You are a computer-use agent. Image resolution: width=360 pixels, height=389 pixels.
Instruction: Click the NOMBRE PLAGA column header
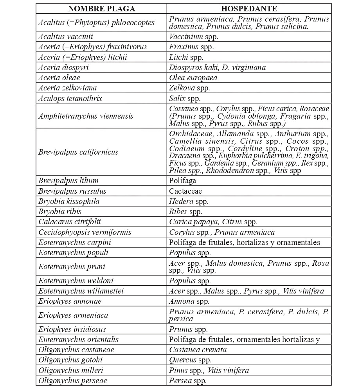tap(101, 9)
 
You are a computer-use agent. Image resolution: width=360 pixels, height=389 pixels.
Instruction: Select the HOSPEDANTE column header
tap(249, 9)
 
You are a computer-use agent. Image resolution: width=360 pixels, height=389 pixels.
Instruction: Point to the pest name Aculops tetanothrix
tap(70, 98)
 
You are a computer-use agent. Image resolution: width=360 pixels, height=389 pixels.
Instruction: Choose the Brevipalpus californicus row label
tap(78, 152)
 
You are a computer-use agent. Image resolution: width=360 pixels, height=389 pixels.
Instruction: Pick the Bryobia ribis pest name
tap(60, 212)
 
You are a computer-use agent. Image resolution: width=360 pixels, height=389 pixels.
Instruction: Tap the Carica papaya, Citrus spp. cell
tap(213, 222)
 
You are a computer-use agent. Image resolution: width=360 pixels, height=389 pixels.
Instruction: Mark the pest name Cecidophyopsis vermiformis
tap(85, 232)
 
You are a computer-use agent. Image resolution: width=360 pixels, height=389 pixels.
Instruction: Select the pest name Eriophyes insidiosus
tap(72, 329)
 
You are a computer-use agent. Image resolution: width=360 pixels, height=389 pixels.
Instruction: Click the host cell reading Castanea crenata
tap(198, 349)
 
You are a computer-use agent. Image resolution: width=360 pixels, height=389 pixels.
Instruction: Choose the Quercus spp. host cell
tap(190, 360)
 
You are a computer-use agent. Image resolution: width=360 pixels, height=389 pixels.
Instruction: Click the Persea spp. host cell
tap(188, 380)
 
